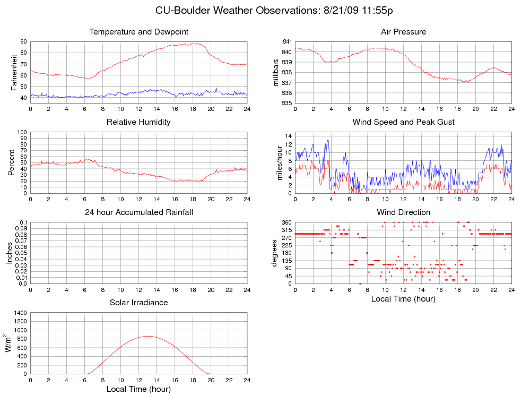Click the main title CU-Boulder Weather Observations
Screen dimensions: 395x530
tap(274, 11)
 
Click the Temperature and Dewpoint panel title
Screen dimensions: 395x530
tap(139, 32)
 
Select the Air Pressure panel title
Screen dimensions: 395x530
tap(403, 32)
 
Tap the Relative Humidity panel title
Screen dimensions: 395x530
tap(138, 122)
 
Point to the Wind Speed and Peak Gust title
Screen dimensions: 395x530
tap(403, 122)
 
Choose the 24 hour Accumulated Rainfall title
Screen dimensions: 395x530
tap(139, 212)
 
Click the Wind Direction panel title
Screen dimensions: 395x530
tap(403, 212)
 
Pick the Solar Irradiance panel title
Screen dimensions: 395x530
tap(139, 303)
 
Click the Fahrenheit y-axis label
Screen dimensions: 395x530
tap(14, 72)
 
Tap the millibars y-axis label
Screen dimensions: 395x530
tap(276, 72)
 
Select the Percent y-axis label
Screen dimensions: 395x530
tap(12, 162)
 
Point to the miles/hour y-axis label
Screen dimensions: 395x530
tap(280, 162)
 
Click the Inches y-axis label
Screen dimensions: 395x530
tap(10, 253)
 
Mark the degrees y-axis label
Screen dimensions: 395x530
tap(274, 253)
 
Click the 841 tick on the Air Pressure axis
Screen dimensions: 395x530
tap(285, 41)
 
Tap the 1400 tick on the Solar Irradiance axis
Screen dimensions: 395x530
tap(19, 313)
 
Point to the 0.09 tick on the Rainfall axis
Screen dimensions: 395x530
tap(20, 228)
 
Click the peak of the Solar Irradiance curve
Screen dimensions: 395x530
tap(147, 336)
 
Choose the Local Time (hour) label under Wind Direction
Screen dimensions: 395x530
tap(403, 299)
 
